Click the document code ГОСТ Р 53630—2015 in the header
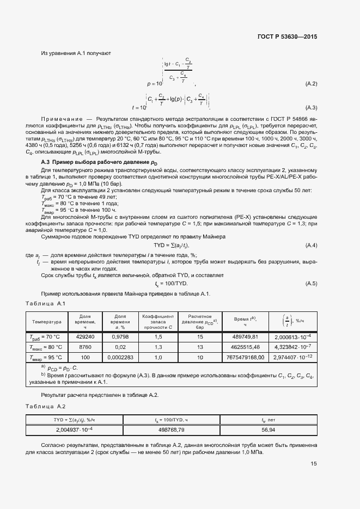[x=286, y=37]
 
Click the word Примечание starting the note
[x=65, y=118]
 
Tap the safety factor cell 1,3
[x=158, y=347]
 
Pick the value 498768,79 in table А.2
[x=172, y=430]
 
